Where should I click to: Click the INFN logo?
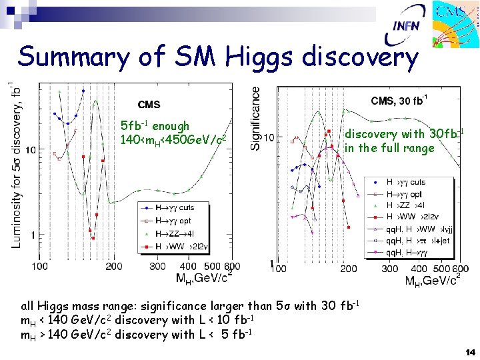tap(406, 25)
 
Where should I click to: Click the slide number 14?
tap(469, 352)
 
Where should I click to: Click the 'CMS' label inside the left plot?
tap(149, 105)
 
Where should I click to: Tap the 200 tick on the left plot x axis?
tap(113, 267)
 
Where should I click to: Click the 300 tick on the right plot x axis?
tap(390, 269)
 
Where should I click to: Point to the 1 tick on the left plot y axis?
tap(33, 235)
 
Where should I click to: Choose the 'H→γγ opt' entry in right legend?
tap(405, 194)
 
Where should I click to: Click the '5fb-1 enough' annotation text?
tap(155, 126)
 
